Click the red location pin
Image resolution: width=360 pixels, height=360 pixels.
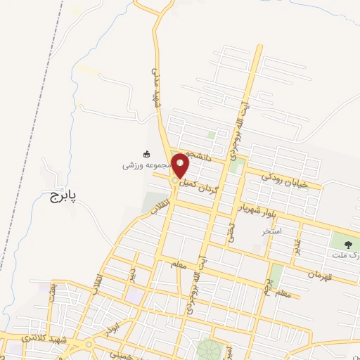(x=181, y=165)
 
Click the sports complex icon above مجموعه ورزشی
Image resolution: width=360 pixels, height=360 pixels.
(x=147, y=154)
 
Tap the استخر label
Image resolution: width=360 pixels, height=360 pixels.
(x=272, y=230)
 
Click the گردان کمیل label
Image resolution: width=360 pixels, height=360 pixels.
(x=200, y=185)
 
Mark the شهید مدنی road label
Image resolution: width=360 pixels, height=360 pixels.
(x=157, y=86)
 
